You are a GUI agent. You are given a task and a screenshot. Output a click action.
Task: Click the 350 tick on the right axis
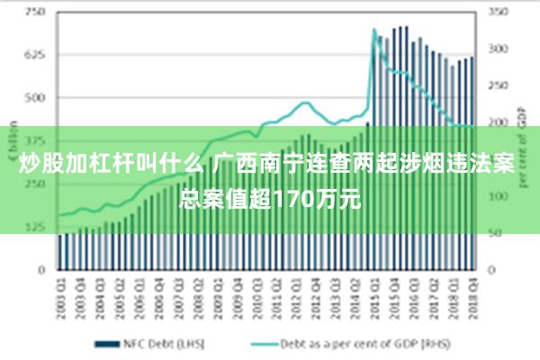click(x=497, y=13)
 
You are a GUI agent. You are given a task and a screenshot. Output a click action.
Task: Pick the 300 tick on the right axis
click(x=497, y=49)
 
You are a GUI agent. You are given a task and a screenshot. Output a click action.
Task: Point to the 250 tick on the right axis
click(x=497, y=86)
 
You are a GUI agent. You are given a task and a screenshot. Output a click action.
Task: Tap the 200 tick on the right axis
click(x=497, y=122)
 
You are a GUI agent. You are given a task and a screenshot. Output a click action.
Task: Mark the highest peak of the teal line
click(x=374, y=31)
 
